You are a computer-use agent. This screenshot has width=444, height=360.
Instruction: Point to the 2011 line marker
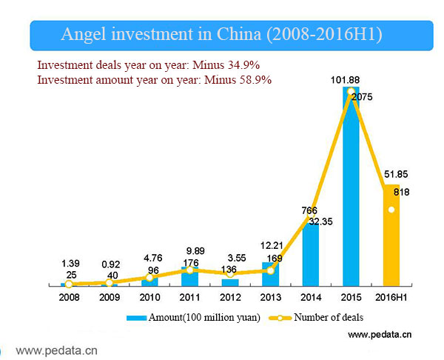[190, 270]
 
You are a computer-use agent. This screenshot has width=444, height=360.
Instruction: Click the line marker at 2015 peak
[351, 92]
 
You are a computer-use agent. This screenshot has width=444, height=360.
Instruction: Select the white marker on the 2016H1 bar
[391, 209]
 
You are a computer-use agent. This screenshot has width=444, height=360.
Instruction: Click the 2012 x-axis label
[230, 298]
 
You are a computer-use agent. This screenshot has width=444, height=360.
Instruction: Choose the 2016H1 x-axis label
[391, 298]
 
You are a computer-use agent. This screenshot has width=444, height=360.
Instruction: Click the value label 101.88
[351, 79]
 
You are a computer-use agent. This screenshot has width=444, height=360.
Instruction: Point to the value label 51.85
[392, 176]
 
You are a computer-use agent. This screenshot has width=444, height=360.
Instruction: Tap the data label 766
[309, 210]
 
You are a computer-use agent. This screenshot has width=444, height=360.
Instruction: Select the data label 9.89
[191, 250]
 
